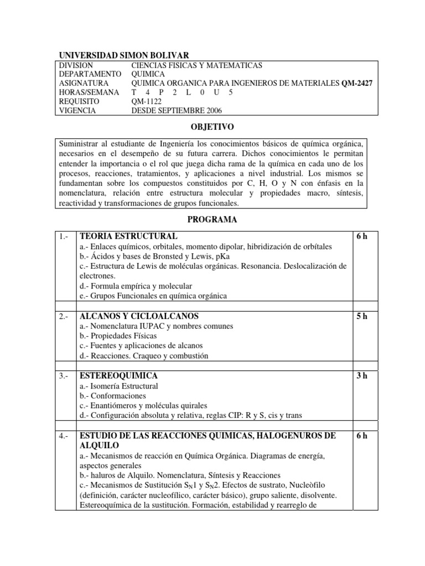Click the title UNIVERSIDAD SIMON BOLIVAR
click(x=124, y=55)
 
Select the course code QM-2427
click(x=357, y=83)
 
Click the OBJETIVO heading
click(x=212, y=126)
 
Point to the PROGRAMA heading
click(x=212, y=219)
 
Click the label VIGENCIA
click(x=77, y=110)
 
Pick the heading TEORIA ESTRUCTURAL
click(x=128, y=236)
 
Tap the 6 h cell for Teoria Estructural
click(x=362, y=236)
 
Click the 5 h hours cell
click(x=362, y=316)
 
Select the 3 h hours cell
click(x=362, y=376)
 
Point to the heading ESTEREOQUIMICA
click(x=119, y=376)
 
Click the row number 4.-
click(x=64, y=436)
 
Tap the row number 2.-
click(x=64, y=316)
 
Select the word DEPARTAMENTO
click(x=90, y=74)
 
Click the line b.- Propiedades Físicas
click(x=118, y=336)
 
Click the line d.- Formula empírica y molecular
click(x=136, y=286)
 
